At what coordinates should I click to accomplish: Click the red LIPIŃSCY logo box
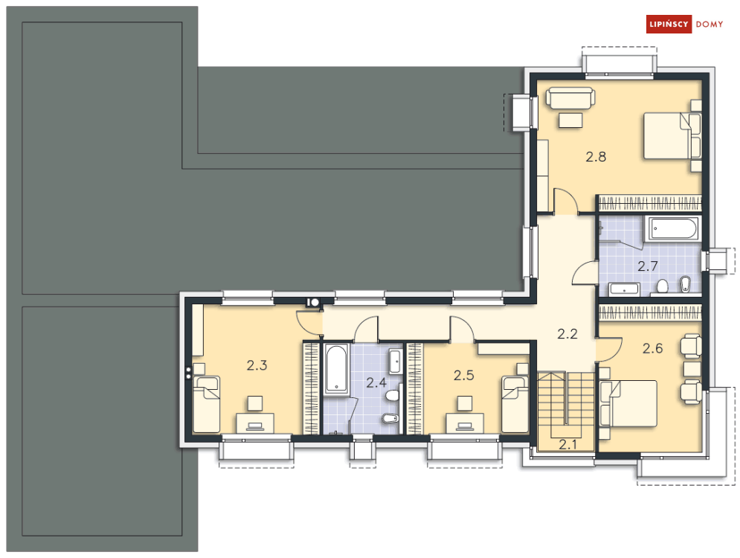point(669,24)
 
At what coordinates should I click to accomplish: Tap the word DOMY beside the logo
point(710,24)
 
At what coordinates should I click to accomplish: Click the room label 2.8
point(596,157)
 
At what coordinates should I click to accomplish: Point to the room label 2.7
point(648,266)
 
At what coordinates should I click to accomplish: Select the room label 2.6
point(653,348)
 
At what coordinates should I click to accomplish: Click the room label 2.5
point(463,375)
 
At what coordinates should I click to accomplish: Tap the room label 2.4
point(376,382)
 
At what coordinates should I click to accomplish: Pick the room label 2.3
point(257,365)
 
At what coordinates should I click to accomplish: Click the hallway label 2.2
point(567,334)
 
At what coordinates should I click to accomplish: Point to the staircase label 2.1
point(567,444)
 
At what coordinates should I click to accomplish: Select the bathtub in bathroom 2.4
point(336,369)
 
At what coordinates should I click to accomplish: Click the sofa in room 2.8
point(570,97)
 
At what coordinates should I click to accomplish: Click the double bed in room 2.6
point(628,404)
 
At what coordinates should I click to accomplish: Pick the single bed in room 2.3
point(206,404)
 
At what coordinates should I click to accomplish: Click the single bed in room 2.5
point(515,404)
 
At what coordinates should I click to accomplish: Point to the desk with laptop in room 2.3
point(255,423)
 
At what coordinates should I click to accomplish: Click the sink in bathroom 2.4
point(396,361)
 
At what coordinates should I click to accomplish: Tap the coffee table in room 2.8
point(570,120)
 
